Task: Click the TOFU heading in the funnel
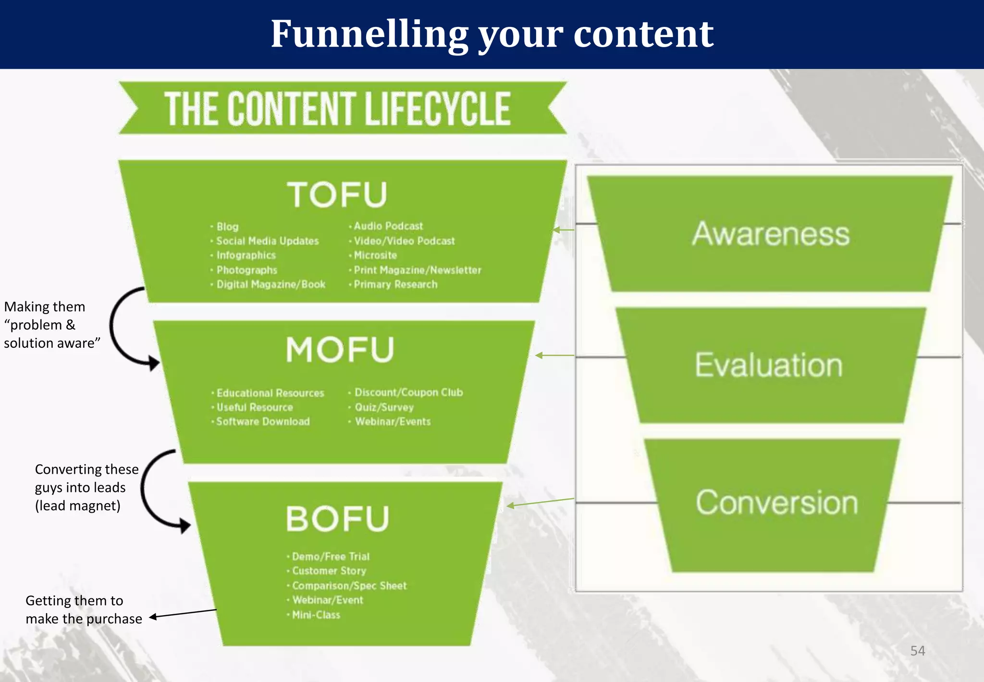click(x=337, y=195)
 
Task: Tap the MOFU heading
click(x=340, y=350)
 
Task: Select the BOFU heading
click(x=337, y=519)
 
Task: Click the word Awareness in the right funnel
click(x=771, y=234)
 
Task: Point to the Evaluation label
click(x=769, y=365)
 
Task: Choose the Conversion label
click(x=776, y=503)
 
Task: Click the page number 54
click(x=917, y=651)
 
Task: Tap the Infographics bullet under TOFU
click(x=246, y=255)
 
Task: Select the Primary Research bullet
click(x=395, y=284)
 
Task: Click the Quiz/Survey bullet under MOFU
click(x=384, y=407)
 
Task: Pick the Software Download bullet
click(x=263, y=422)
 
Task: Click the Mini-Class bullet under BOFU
click(x=316, y=615)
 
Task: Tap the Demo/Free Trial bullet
click(x=331, y=556)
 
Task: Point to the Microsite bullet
click(x=375, y=255)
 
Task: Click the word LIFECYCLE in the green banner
click(x=437, y=109)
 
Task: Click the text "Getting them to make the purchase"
click(x=84, y=609)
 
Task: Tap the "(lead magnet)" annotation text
click(x=78, y=506)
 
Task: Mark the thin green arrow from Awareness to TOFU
click(x=563, y=230)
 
